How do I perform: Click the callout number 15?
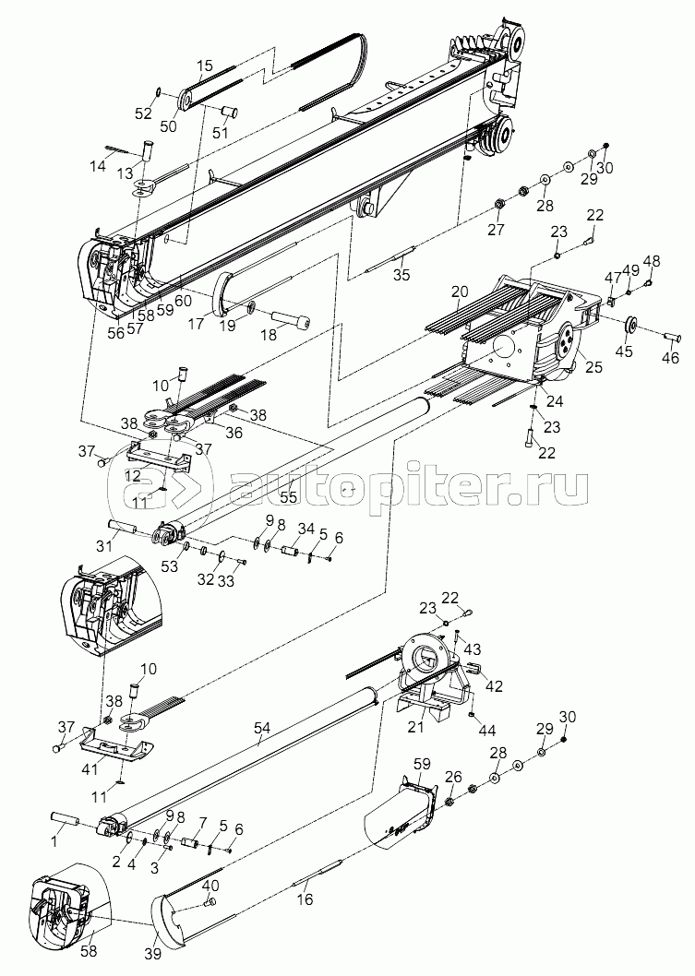click(205, 65)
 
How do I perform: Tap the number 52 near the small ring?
click(145, 113)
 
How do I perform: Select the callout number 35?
click(402, 274)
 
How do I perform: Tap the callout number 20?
click(460, 292)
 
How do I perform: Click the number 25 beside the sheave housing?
click(593, 366)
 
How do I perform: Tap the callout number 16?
click(305, 899)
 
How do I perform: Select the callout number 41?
click(90, 769)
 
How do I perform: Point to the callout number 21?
click(415, 728)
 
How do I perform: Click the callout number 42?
click(493, 686)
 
